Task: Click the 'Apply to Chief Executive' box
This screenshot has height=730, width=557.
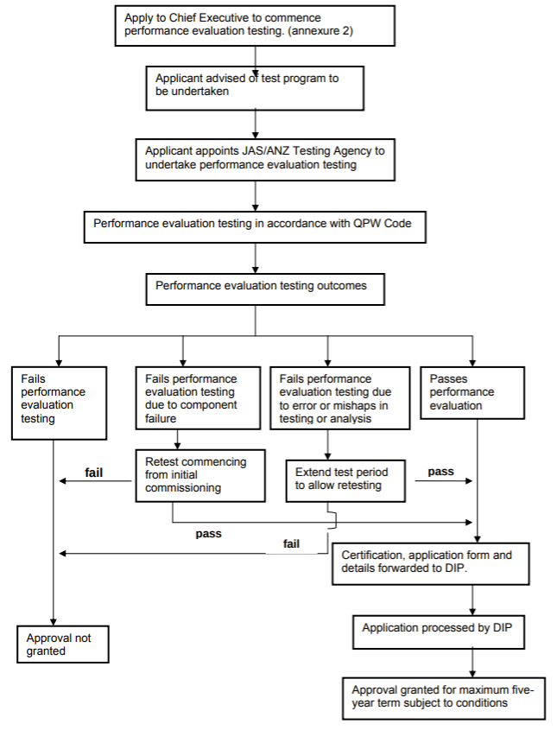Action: pyautogui.click(x=255, y=26)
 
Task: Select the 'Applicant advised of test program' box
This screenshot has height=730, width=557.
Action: pyautogui.click(x=255, y=88)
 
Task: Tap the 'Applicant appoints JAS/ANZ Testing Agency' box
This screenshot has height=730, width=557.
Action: pyautogui.click(x=265, y=160)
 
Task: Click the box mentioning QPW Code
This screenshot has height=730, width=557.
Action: pyautogui.click(x=255, y=227)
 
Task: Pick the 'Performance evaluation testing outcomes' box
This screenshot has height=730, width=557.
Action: pyautogui.click(x=265, y=289)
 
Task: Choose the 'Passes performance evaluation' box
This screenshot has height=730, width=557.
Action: pyautogui.click(x=472, y=393)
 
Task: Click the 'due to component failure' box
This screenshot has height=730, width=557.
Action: pyautogui.click(x=198, y=398)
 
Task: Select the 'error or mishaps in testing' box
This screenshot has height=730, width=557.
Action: pyautogui.click(x=340, y=398)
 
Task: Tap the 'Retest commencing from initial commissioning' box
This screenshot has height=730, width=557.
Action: pyautogui.click(x=200, y=475)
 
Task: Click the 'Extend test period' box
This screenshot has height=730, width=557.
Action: pyautogui.click(x=345, y=481)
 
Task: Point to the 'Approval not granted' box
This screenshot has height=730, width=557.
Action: pyautogui.click(x=63, y=644)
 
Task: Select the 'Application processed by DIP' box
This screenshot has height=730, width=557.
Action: pyautogui.click(x=439, y=632)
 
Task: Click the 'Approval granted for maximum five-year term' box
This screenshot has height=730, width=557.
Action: pyautogui.click(x=444, y=699)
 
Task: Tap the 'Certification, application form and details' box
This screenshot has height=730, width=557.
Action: pyautogui.click(x=431, y=564)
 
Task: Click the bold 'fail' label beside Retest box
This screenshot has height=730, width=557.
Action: pyautogui.click(x=93, y=473)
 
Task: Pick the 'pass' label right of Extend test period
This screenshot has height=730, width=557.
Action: pyautogui.click(x=440, y=472)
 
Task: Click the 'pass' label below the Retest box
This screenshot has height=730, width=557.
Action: pyautogui.click(x=208, y=534)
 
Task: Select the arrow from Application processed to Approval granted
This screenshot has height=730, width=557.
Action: pyautogui.click(x=472, y=663)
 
